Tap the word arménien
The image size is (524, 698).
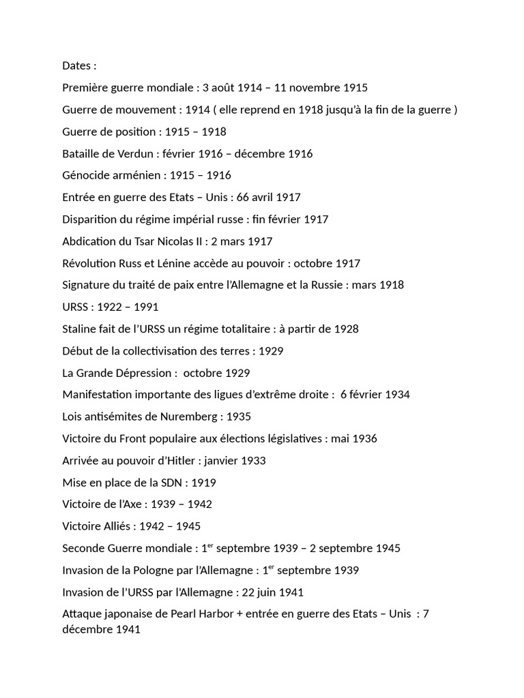point(135,176)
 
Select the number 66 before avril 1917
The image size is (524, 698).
point(245,198)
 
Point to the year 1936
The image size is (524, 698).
point(363,438)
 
